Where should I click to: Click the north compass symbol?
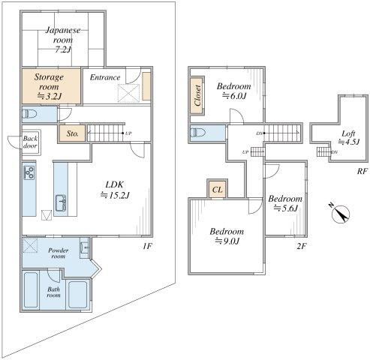(340, 213)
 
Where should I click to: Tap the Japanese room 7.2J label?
(63, 40)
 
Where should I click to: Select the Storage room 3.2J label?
(49, 86)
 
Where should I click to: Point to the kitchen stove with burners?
(29, 172)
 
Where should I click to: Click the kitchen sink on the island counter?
(61, 202)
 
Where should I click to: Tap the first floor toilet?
(29, 114)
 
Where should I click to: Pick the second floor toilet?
(197, 132)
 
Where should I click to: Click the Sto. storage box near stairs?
(73, 133)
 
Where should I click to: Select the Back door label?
(30, 142)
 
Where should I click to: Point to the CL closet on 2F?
(217, 190)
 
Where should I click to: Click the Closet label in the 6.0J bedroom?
(197, 95)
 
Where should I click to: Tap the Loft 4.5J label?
(348, 137)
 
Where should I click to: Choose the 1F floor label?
(147, 246)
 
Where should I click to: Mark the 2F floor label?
(301, 247)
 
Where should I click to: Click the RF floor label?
(362, 171)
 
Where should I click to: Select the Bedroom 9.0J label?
(227, 236)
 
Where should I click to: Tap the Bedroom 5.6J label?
(285, 203)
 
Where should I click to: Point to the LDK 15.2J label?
(115, 190)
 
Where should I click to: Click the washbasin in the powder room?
(84, 247)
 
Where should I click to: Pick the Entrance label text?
(105, 77)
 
